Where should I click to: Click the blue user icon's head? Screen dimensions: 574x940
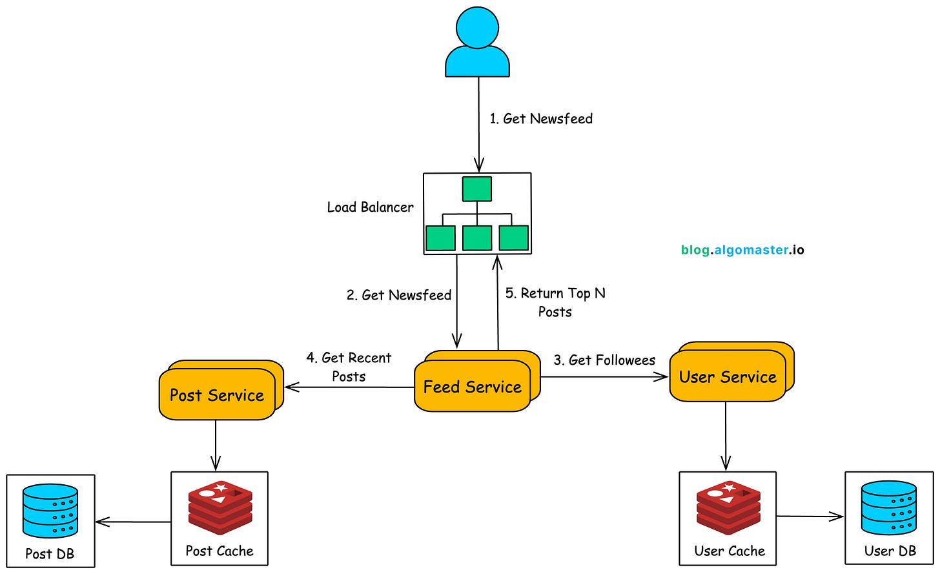coord(477,26)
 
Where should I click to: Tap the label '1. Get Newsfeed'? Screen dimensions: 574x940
coord(541,119)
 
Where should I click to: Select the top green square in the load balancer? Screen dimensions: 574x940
coord(477,189)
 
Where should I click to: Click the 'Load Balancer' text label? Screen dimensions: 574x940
coord(370,207)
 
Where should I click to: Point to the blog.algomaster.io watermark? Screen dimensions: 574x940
coord(742,250)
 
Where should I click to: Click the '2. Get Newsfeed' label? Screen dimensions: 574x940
coord(399,295)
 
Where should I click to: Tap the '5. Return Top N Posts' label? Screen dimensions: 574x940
coord(555,302)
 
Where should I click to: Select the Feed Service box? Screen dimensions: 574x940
coord(472,387)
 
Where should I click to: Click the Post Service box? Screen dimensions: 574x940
coord(217,395)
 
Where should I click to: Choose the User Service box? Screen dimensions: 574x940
coord(728,377)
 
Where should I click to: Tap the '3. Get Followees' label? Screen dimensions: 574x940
coord(604,360)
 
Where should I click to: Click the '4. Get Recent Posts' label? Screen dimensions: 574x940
coord(349,367)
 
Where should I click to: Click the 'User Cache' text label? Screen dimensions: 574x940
coord(729,551)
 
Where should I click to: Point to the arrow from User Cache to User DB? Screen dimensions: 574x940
coord(810,517)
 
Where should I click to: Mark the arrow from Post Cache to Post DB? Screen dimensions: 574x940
coord(133,522)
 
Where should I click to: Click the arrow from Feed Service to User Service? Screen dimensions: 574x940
coord(604,377)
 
